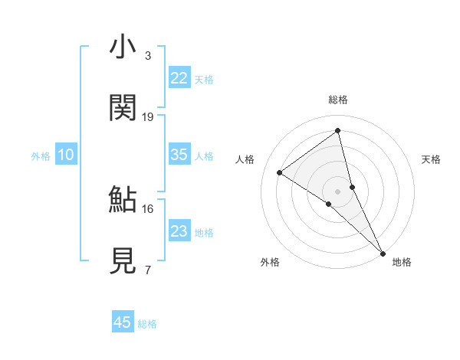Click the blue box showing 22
tap(179, 78)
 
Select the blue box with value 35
tap(179, 155)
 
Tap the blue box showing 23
tap(179, 231)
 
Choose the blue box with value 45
tap(123, 322)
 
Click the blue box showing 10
tap(66, 155)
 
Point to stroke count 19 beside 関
tap(148, 117)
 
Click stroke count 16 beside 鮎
tap(148, 208)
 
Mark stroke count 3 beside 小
tap(148, 56)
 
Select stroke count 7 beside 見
tap(148, 270)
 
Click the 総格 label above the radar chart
tap(338, 100)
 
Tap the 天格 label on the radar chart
tap(432, 159)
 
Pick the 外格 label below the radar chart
tap(270, 262)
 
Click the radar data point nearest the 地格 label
tap(383, 252)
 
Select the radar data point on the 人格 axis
tap(280, 172)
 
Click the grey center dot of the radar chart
tap(338, 190)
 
